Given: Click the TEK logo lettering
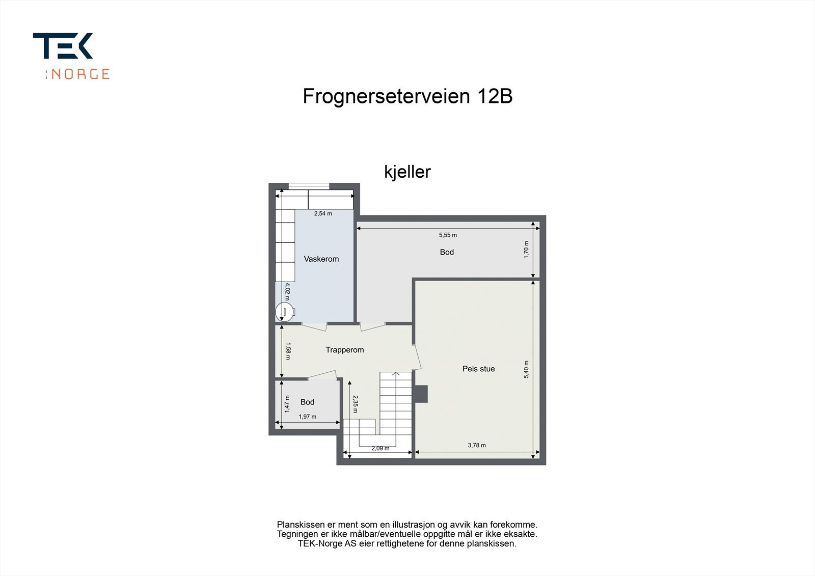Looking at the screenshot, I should (63, 46).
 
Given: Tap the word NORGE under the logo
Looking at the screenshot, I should (80, 74).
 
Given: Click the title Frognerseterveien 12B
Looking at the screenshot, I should (407, 96).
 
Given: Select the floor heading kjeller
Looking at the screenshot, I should (407, 172).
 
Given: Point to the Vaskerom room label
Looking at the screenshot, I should (321, 259).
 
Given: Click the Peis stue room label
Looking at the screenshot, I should (478, 369).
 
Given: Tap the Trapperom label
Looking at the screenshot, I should (344, 350).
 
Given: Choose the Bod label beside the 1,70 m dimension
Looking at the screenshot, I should (447, 252).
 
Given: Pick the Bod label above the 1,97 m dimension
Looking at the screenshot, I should (307, 402).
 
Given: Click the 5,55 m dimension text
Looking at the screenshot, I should (448, 235).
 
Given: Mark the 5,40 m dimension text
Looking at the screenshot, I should (527, 369).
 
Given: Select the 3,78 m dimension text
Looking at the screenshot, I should (476, 445).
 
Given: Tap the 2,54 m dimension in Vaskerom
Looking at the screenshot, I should (322, 213).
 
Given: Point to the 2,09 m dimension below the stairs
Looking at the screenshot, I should (380, 449).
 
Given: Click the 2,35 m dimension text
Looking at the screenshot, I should (355, 404).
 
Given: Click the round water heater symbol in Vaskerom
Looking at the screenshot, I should (284, 312).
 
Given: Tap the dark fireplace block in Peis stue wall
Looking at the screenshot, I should (422, 394).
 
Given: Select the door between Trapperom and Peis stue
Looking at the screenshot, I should (417, 357).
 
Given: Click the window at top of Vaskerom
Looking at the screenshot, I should (309, 186).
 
